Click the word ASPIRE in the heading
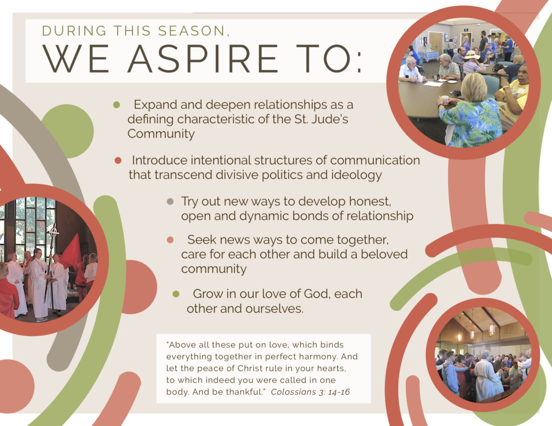tap(203, 58)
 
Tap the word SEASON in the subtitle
tap(191, 31)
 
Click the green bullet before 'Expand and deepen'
tap(116, 105)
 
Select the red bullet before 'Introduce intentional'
tap(118, 160)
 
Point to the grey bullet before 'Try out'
tap(170, 201)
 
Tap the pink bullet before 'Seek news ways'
tap(170, 240)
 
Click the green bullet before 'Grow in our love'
tap(176, 294)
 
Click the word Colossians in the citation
tap(294, 392)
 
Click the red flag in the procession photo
tap(72, 252)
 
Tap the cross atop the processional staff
tap(53, 231)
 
